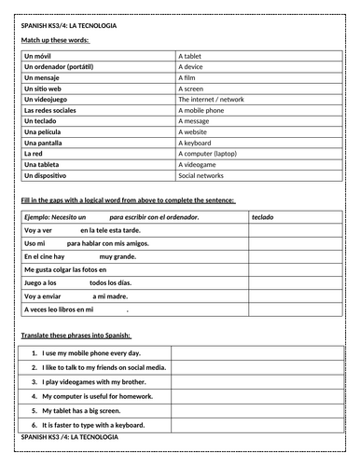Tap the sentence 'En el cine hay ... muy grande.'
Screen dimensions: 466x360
(79, 255)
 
